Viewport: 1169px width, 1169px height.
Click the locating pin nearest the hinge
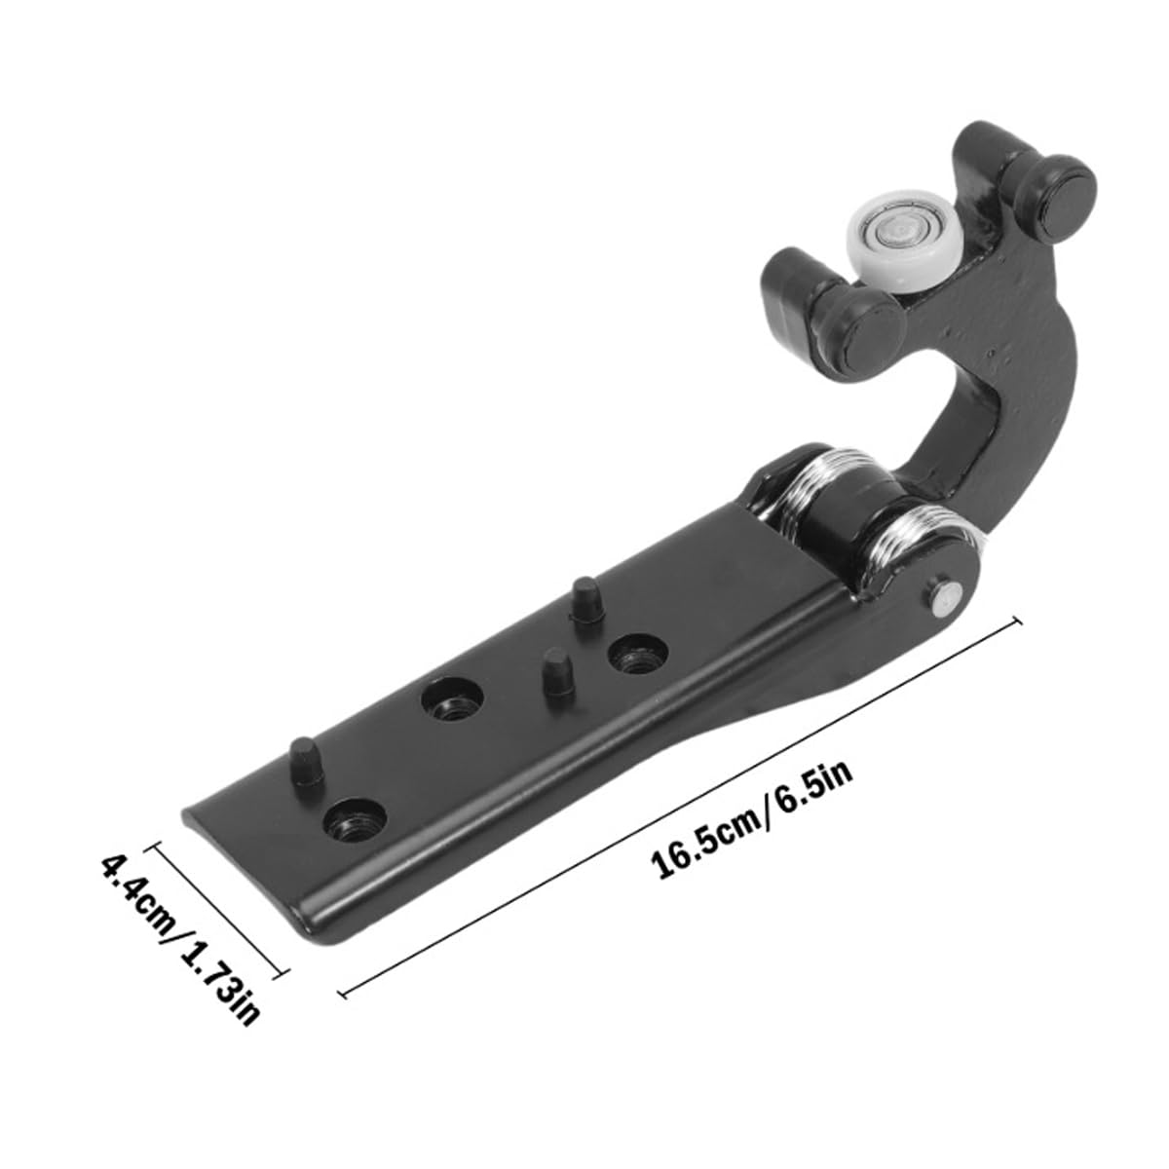click(x=585, y=600)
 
